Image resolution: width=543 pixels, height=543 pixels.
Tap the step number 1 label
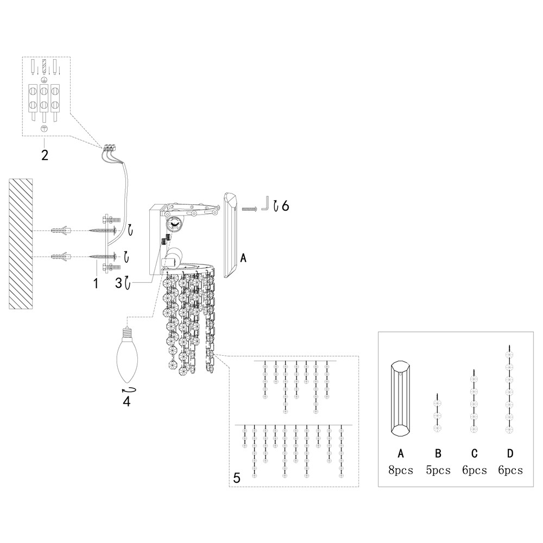click(x=96, y=283)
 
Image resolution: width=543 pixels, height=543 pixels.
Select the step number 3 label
click(x=119, y=283)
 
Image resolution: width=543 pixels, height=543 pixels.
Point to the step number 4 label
click(x=127, y=401)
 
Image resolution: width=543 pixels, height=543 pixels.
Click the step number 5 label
click(x=237, y=478)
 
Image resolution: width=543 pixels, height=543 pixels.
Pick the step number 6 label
click(x=286, y=206)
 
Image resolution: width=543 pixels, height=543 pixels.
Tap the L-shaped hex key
click(x=266, y=203)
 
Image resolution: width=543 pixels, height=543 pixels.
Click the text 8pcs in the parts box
click(x=401, y=470)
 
